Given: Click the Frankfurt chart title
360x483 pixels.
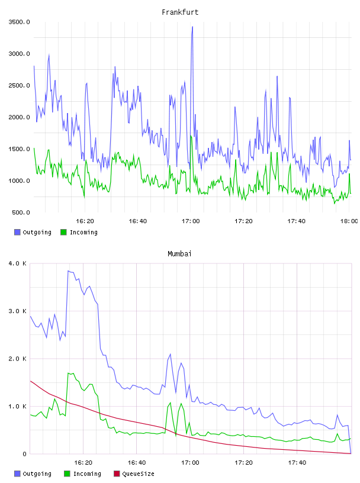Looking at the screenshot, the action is [180, 12].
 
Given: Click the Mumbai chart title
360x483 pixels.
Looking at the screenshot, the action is [179, 254].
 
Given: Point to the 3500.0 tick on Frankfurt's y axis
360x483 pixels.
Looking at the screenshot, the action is [19, 22].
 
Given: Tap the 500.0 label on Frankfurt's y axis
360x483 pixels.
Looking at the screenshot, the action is [21, 212].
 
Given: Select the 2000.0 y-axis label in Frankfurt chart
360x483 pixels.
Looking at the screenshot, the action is [19, 117].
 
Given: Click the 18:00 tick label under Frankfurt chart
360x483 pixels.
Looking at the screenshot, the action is [349, 221].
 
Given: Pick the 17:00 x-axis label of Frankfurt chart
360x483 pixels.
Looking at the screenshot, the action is [191, 221].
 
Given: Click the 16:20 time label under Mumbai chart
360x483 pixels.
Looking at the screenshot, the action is [83, 462].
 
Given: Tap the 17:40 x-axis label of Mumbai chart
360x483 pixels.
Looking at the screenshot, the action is [297, 462].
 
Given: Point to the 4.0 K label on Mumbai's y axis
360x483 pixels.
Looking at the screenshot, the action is [18, 263].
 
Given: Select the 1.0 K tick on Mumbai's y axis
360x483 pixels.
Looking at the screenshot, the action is [18, 406].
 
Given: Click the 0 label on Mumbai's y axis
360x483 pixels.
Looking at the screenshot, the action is [24, 454].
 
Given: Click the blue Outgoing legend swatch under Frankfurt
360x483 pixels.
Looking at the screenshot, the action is [17, 232].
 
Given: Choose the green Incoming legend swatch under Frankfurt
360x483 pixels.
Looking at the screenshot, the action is [63, 232].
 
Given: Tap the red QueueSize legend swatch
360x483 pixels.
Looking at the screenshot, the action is [117, 474].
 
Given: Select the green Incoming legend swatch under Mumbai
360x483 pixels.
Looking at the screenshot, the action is [67, 474].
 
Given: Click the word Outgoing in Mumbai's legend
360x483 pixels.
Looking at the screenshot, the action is [37, 474].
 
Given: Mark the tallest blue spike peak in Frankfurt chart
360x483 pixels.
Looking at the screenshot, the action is [192, 27].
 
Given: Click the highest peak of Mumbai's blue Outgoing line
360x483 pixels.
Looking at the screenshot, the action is [68, 271].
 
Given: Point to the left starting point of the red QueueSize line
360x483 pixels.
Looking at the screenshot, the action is [30, 381].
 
